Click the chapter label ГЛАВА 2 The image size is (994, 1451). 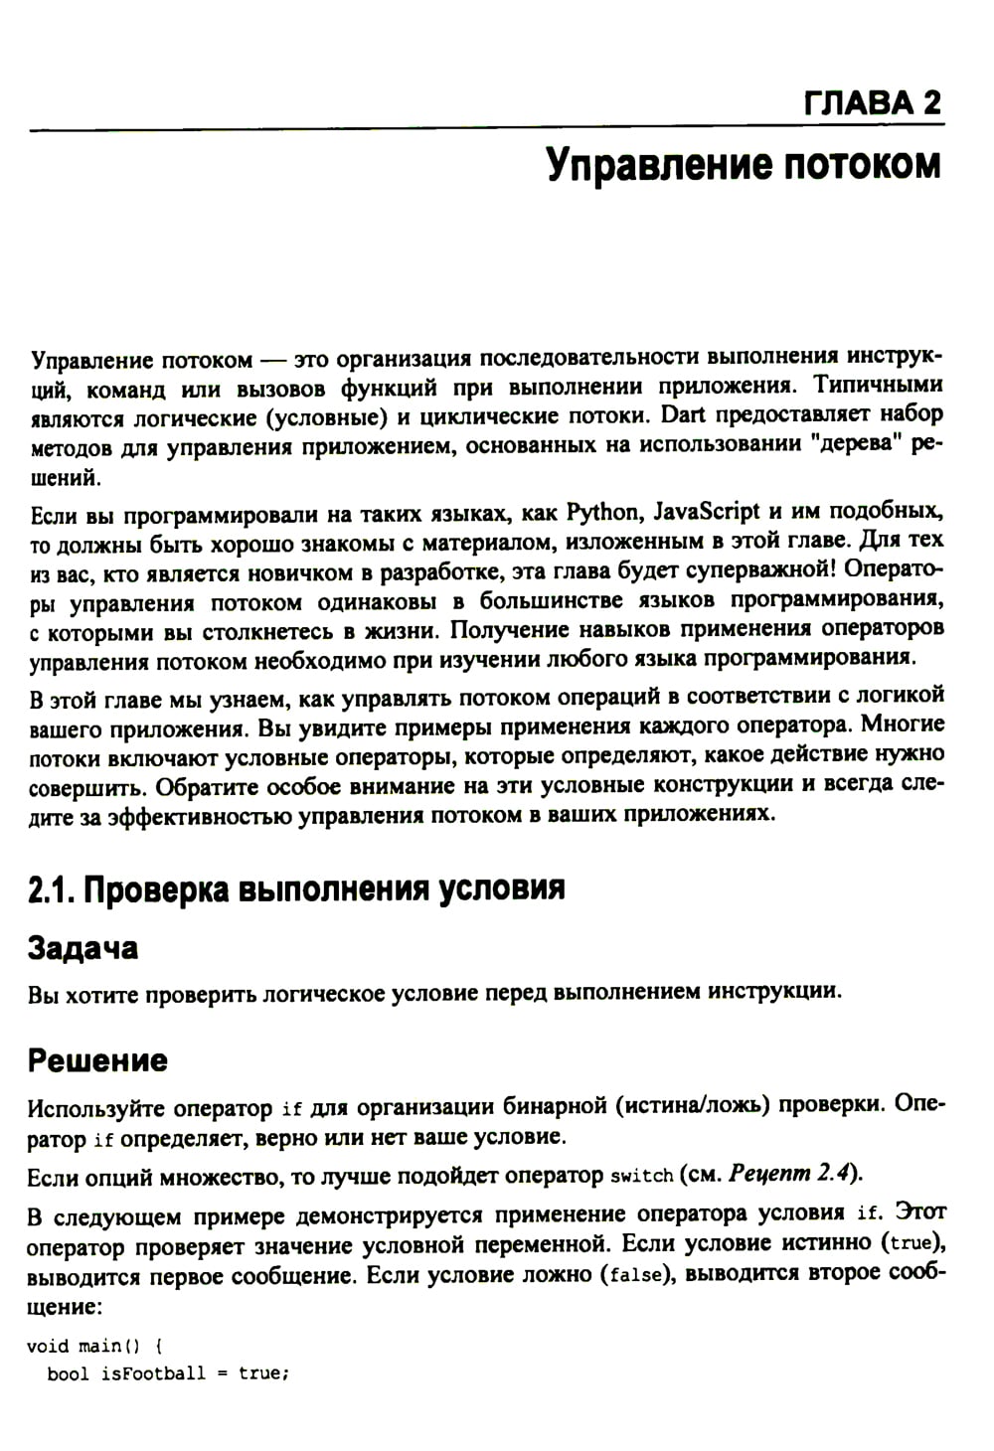(872, 103)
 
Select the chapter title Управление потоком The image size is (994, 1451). (744, 164)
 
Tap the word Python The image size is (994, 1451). (601, 512)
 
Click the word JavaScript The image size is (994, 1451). (707, 512)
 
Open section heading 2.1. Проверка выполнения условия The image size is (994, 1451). (296, 887)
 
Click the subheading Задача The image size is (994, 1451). (83, 948)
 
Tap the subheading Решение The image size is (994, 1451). (97, 1060)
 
